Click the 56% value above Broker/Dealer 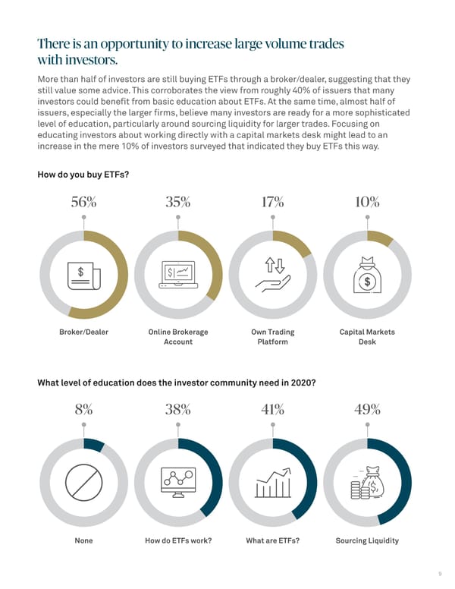83,202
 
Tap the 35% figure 177,202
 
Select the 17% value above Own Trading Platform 272,202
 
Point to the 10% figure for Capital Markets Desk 367,202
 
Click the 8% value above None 83,409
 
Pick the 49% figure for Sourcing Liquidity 367,409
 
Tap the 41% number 272,409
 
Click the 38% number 177,409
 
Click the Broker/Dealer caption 83,332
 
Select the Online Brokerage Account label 177,337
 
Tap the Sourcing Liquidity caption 367,540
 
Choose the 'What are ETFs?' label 272,540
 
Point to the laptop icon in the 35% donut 177,275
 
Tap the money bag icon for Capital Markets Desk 367,274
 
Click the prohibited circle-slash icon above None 83,481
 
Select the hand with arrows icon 272,274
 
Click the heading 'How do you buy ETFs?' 83,175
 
